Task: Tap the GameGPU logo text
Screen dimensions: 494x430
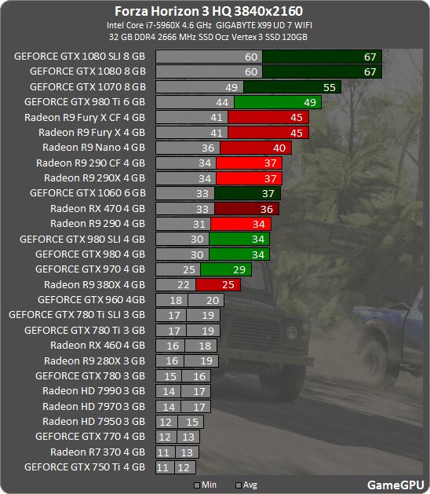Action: tap(395, 485)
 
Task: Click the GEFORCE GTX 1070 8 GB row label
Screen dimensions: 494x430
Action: tap(87, 86)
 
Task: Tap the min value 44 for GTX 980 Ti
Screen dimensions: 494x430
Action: tap(222, 102)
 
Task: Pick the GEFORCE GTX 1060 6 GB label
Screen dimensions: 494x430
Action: tap(87, 192)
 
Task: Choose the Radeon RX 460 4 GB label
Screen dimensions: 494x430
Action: tap(97, 345)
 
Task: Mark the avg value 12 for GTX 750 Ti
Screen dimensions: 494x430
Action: tap(185, 467)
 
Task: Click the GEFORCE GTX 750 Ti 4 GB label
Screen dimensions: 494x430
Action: tap(85, 467)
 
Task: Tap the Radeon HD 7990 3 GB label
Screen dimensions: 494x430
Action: tap(94, 390)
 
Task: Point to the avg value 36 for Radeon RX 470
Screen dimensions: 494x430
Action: tap(267, 208)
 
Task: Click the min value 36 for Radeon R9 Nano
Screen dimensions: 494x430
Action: tap(208, 147)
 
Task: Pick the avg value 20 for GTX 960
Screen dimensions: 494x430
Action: tap(213, 299)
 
